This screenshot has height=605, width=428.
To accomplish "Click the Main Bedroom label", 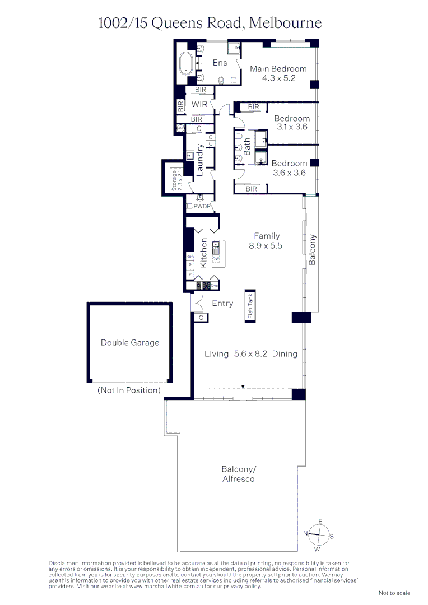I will click(278, 69).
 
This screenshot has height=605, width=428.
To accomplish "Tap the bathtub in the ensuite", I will click(185, 63).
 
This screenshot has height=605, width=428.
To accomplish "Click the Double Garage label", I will click(130, 343).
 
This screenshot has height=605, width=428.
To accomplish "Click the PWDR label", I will click(203, 207).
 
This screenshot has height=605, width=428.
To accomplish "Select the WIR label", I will click(199, 104).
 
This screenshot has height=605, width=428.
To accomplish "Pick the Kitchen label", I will click(204, 252).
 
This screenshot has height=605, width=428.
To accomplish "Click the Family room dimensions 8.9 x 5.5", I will click(266, 245).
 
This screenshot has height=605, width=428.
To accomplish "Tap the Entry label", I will click(222, 303).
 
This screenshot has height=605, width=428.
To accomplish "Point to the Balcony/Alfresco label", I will click(238, 474).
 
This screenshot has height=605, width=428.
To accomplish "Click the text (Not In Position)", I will click(129, 390).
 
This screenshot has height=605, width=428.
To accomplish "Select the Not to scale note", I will click(394, 593).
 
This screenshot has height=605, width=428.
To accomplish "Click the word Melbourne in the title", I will click(285, 23).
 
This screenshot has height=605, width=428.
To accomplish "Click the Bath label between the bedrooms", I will click(247, 147).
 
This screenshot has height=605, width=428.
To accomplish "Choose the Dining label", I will click(285, 353).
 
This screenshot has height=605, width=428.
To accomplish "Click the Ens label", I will click(220, 63).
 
